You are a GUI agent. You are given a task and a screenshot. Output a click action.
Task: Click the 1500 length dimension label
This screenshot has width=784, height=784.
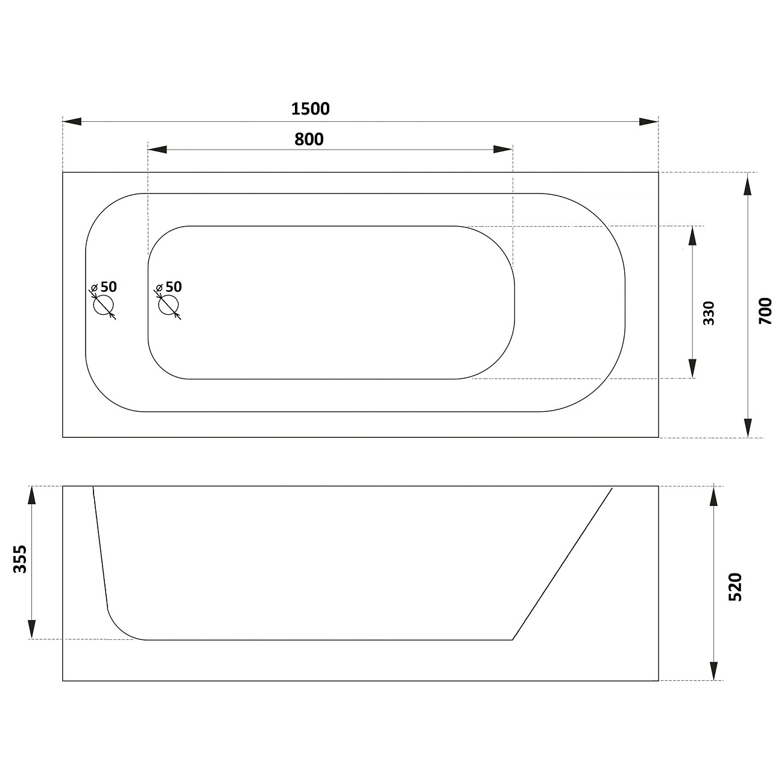click(310, 109)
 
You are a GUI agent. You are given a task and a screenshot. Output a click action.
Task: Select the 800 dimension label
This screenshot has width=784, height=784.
click(309, 139)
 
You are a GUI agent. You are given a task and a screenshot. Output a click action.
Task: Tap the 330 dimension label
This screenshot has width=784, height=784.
click(709, 313)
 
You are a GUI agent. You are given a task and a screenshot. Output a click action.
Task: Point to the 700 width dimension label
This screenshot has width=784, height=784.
click(765, 311)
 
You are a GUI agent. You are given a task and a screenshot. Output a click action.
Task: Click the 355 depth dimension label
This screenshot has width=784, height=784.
click(21, 560)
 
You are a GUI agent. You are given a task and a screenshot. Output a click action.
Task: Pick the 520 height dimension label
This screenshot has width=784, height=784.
click(736, 587)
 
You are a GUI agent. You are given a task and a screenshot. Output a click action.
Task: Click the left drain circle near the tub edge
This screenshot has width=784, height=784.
click(103, 305)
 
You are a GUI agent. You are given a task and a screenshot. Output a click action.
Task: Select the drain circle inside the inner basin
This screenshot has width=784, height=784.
click(168, 305)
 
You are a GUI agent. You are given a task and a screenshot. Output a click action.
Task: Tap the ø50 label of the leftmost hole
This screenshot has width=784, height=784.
click(104, 287)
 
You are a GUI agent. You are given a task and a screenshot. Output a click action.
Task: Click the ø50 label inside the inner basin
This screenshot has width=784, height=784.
click(169, 287)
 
